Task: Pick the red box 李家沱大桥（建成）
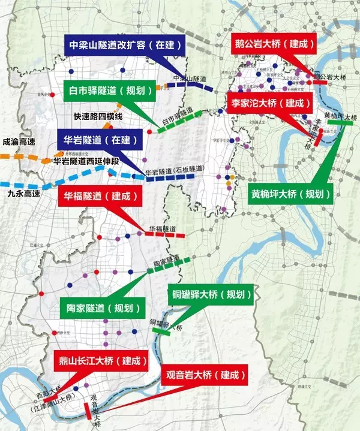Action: (268, 103)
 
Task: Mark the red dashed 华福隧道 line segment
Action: (166, 235)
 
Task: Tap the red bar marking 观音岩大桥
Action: (88, 411)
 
